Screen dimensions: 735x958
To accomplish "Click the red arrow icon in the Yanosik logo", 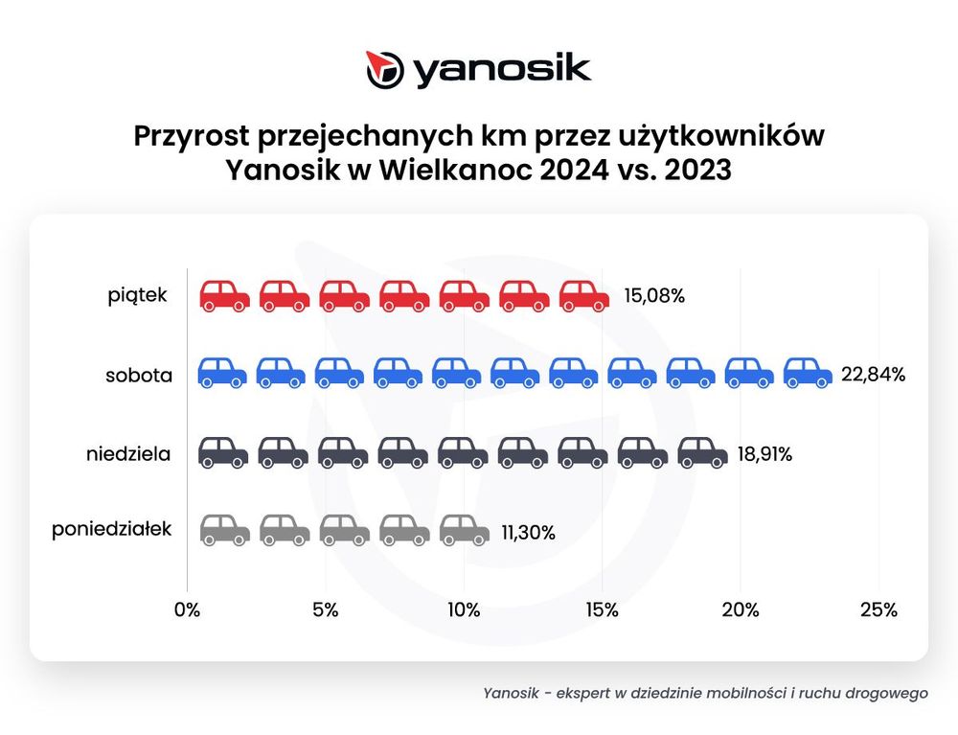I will pyautogui.click(x=385, y=69).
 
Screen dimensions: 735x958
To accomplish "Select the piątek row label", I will pyautogui.click(x=137, y=295).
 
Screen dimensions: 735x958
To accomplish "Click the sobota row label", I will pyautogui.click(x=139, y=375).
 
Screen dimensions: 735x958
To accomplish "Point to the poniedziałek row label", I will pyautogui.click(x=112, y=528).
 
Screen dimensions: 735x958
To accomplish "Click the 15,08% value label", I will pyautogui.click(x=653, y=296).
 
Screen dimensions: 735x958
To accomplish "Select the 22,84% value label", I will pyautogui.click(x=874, y=375).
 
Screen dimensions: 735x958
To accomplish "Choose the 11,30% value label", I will pyautogui.click(x=528, y=531).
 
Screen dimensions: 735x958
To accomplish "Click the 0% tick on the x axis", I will pyautogui.click(x=187, y=610).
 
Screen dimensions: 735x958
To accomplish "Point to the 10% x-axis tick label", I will pyautogui.click(x=464, y=610).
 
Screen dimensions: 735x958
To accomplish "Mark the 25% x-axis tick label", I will pyautogui.click(x=878, y=610).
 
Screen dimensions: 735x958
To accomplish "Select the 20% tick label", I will pyautogui.click(x=741, y=610).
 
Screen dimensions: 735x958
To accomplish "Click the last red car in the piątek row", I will pyautogui.click(x=584, y=295).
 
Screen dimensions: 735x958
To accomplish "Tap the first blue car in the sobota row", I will pyautogui.click(x=222, y=373).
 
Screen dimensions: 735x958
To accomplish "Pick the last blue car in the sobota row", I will pyautogui.click(x=808, y=373).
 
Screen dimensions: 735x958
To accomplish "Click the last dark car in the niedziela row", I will pyautogui.click(x=702, y=452).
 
